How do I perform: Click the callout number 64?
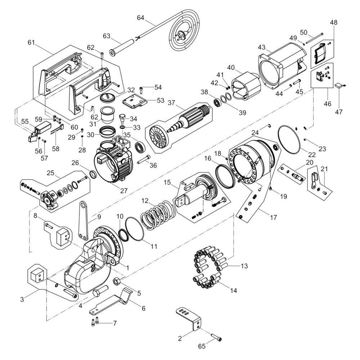point(140,18)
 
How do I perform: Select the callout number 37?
point(172,103)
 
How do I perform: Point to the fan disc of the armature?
point(157,137)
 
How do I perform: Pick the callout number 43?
point(261,47)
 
